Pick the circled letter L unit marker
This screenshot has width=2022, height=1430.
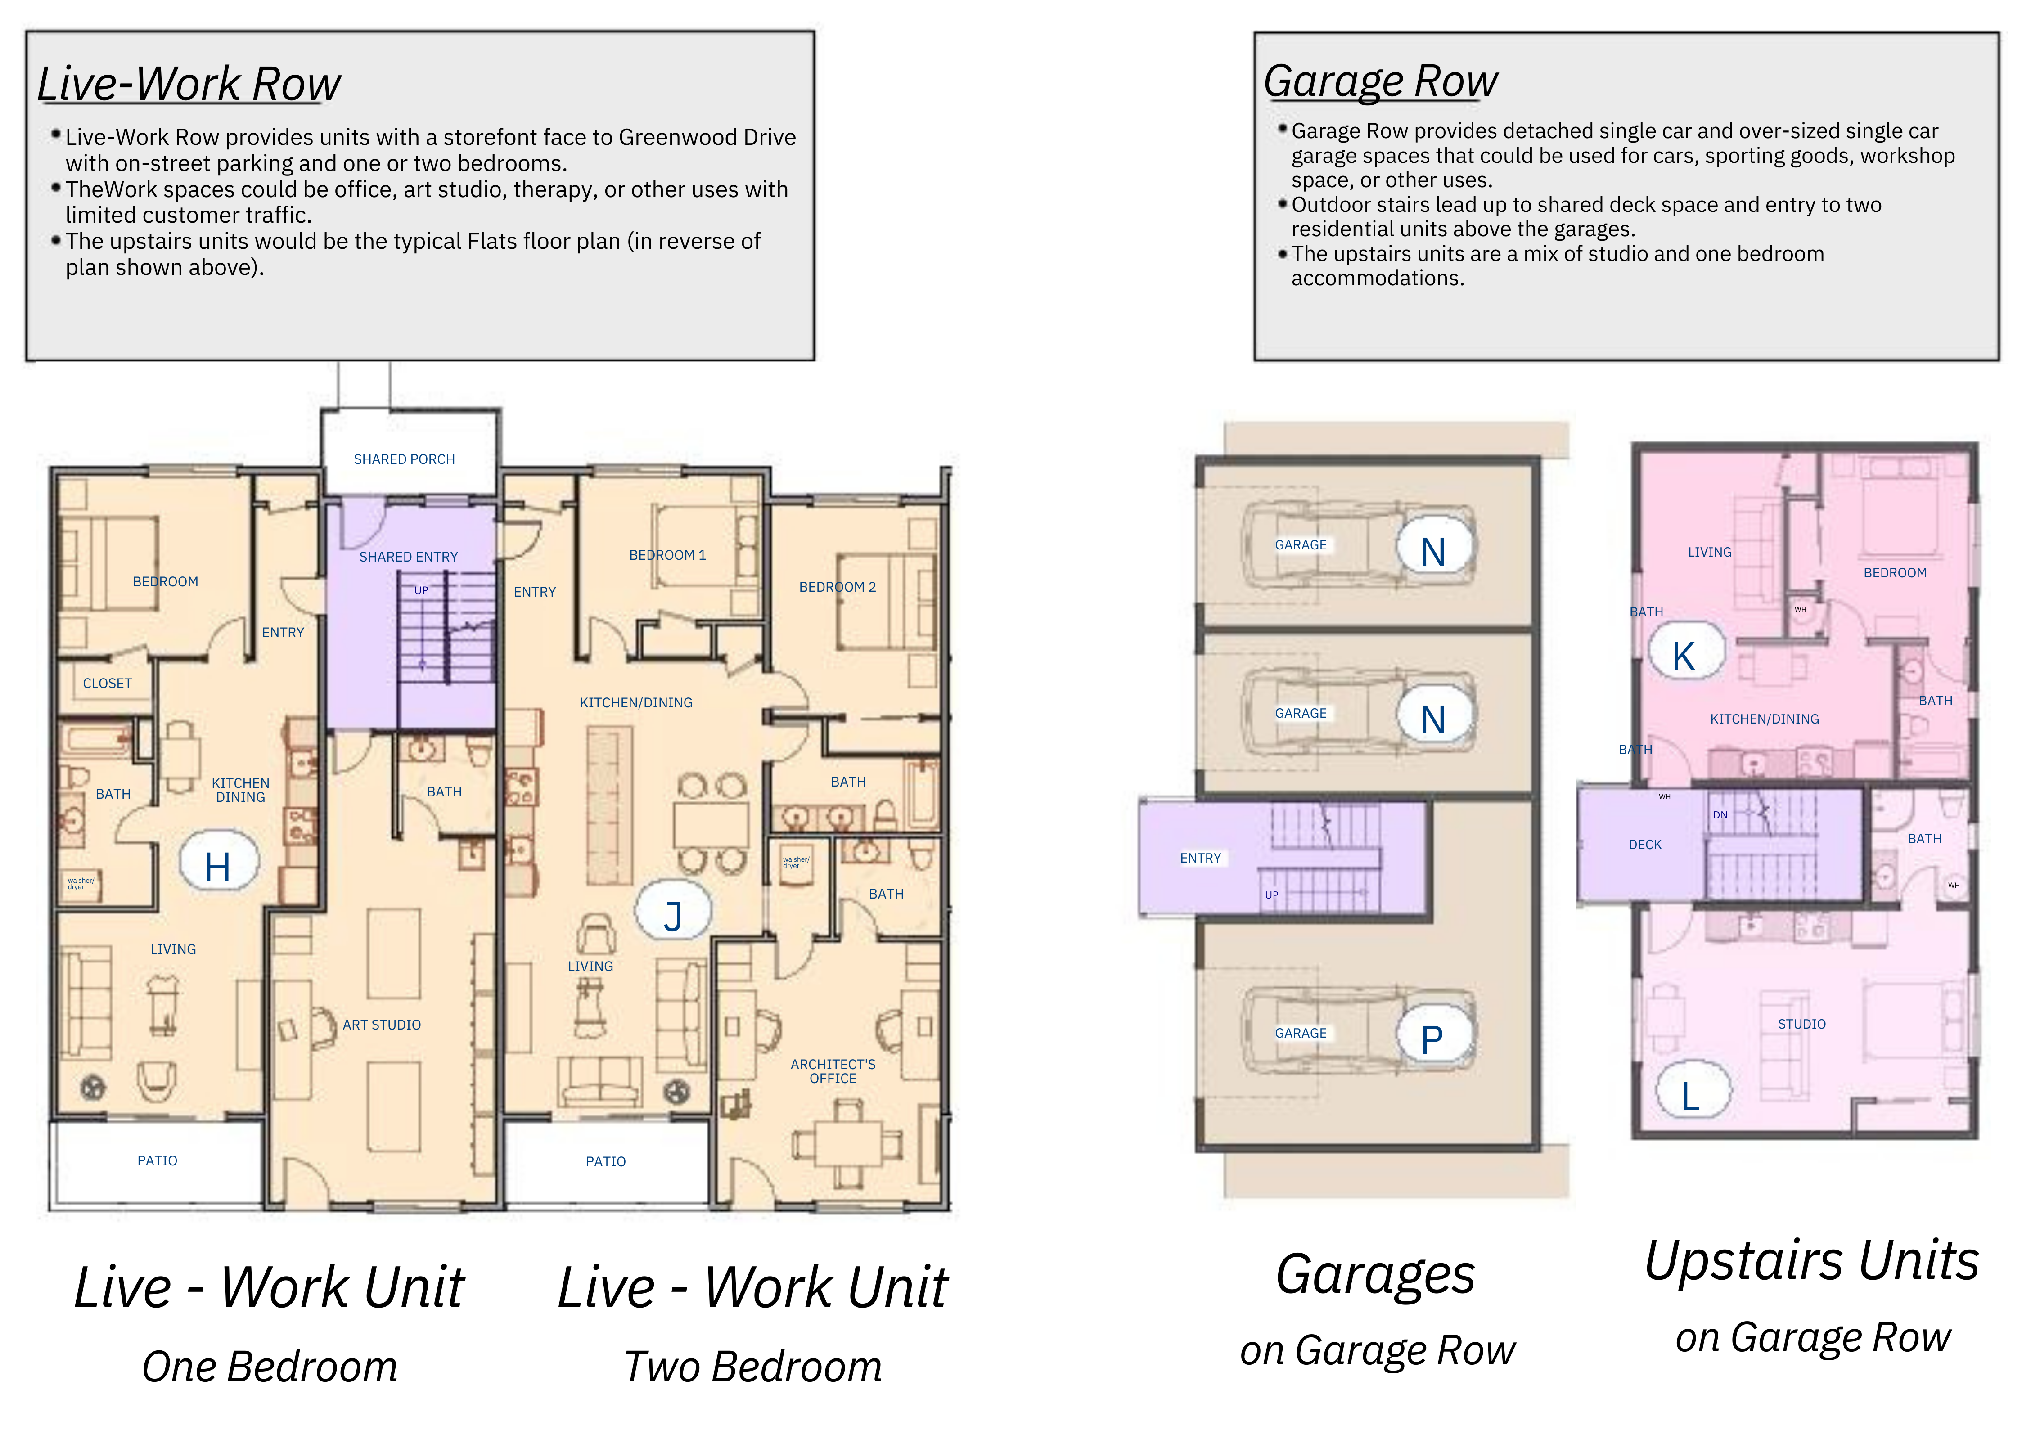(x=1692, y=1093)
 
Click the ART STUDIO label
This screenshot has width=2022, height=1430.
(x=381, y=1025)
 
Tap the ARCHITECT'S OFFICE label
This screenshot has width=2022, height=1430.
(x=833, y=1072)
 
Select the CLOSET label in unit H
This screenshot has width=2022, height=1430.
(x=108, y=684)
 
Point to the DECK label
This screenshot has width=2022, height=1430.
(x=1645, y=845)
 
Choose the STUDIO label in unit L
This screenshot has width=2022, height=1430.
(x=1802, y=1024)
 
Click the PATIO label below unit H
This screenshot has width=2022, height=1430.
(x=158, y=1160)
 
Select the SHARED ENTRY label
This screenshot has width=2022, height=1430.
(x=409, y=557)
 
